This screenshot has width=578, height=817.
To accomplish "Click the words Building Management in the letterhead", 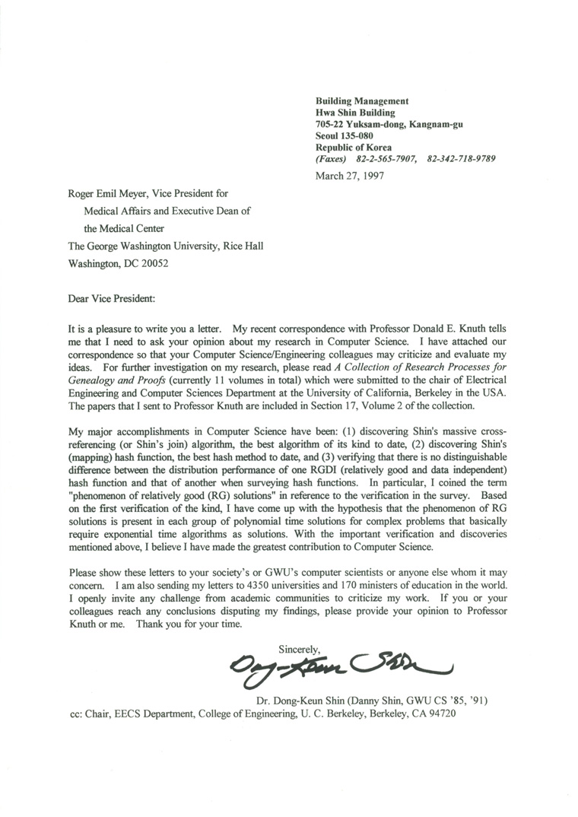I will coord(362,101).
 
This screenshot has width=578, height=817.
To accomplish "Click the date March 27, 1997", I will coord(349,175).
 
